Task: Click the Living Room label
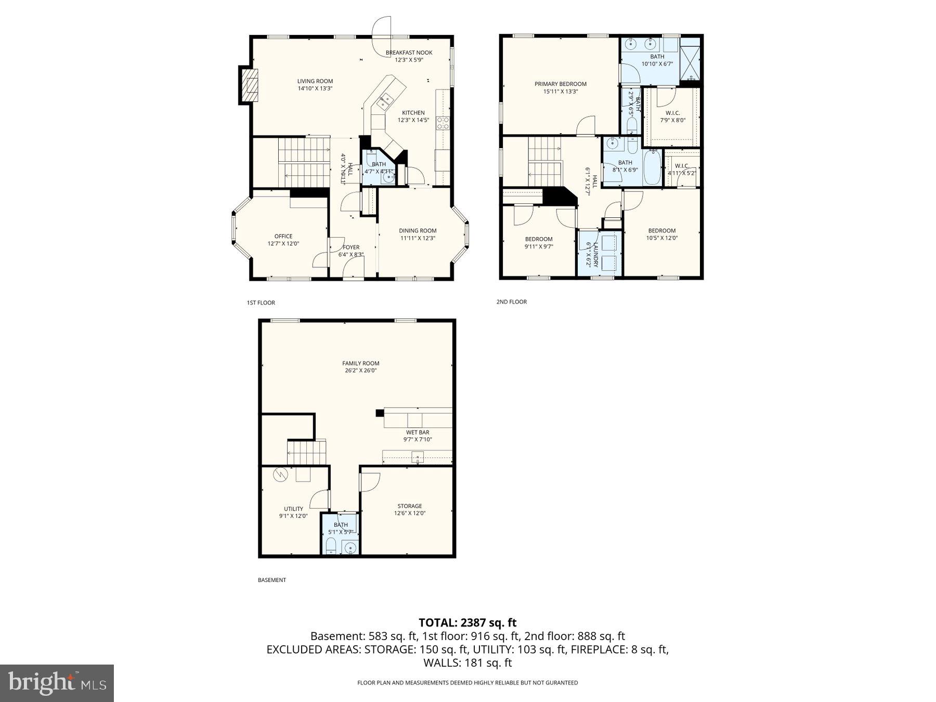315,81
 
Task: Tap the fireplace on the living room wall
249,85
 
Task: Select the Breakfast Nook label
409,53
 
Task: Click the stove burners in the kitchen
443,123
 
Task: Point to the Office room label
283,236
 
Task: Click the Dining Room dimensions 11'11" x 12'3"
418,238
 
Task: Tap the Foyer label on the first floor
351,248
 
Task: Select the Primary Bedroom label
560,84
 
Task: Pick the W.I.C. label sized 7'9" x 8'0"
672,113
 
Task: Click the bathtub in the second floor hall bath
652,167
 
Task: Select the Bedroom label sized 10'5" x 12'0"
661,231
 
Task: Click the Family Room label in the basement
360,363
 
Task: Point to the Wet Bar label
418,432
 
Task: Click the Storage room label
409,506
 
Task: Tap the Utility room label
293,509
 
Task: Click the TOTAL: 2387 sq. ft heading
467,622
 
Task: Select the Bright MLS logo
57,683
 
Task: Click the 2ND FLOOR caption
511,302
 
